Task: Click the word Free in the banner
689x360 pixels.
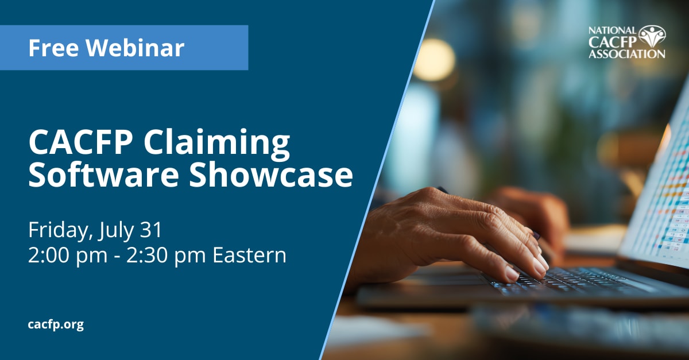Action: pyautogui.click(x=53, y=48)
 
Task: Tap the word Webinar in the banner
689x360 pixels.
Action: pyautogui.click(x=135, y=48)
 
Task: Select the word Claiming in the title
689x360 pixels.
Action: pyautogui.click(x=216, y=144)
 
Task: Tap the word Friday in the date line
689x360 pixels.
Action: pyautogui.click(x=60, y=230)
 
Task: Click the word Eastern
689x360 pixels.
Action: pyautogui.click(x=249, y=256)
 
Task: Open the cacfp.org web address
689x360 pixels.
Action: pyautogui.click(x=56, y=324)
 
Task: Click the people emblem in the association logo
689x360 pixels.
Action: pyautogui.click(x=652, y=36)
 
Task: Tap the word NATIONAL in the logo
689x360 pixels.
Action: pyautogui.click(x=613, y=31)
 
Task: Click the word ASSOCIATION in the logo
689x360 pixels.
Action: pyautogui.click(x=627, y=54)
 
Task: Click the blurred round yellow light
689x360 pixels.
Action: pyautogui.click(x=434, y=60)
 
